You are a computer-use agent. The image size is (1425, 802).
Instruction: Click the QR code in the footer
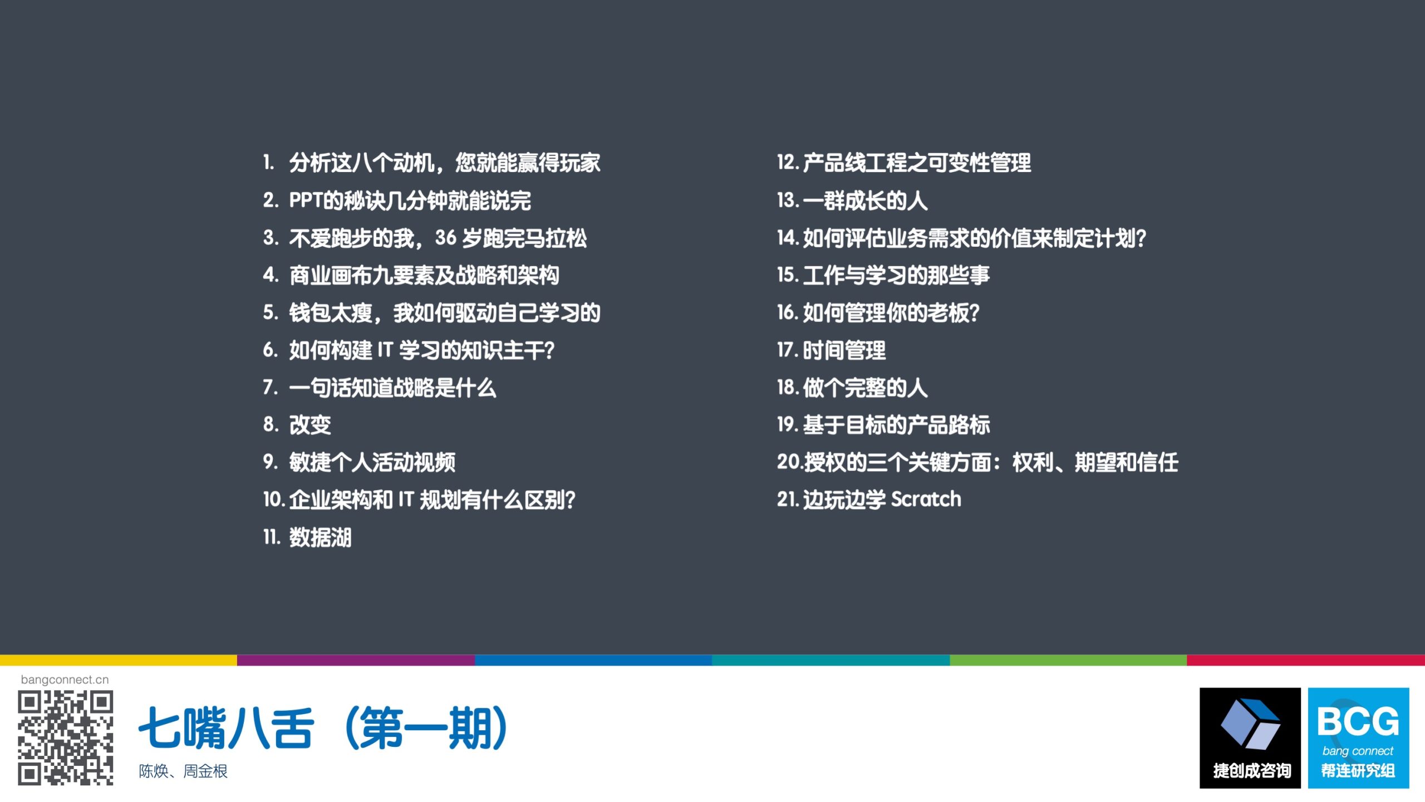click(66, 738)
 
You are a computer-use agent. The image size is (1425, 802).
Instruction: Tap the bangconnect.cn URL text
click(65, 679)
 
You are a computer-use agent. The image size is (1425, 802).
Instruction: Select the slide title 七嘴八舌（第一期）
click(323, 728)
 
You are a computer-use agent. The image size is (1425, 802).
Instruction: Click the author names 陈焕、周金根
click(183, 771)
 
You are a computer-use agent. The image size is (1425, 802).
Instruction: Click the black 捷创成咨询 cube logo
click(1250, 738)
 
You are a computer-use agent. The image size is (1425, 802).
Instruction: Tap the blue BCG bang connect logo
click(1358, 738)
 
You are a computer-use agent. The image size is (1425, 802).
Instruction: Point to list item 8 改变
click(297, 425)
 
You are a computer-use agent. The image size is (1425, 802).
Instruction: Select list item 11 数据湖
click(307, 537)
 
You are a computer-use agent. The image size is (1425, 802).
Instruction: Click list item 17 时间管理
click(831, 350)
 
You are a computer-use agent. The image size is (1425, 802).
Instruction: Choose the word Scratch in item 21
click(926, 499)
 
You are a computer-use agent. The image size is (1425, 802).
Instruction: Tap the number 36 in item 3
click(446, 238)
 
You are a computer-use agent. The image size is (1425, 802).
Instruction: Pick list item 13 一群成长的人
click(852, 200)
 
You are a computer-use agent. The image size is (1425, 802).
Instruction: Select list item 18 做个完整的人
click(852, 388)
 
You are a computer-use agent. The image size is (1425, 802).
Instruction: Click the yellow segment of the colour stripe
click(119, 660)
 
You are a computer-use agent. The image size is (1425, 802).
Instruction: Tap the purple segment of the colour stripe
click(356, 660)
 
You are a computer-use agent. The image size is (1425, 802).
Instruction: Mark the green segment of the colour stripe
click(1068, 660)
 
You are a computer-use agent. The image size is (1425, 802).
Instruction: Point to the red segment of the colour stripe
click(1306, 660)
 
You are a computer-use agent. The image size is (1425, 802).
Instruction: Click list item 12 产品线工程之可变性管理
click(904, 163)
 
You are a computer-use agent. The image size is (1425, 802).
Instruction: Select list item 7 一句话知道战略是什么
click(380, 388)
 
